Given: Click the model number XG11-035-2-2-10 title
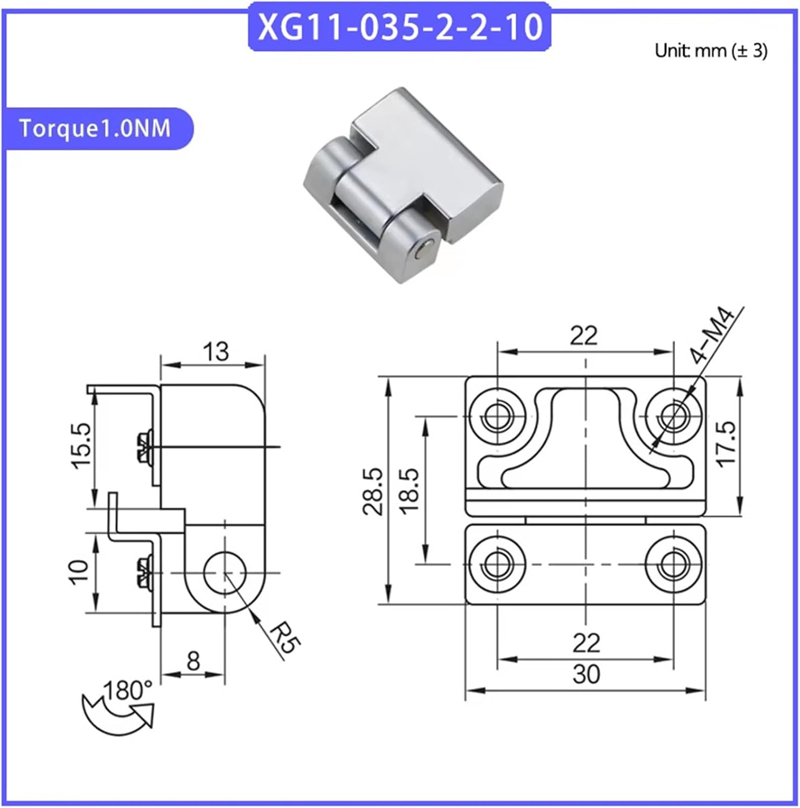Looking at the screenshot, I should point(400,27).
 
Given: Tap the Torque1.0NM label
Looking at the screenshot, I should point(95,129).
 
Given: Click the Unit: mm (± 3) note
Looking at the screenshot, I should point(711,51).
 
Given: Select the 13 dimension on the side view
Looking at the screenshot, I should point(215,351).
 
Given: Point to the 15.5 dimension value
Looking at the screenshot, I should point(82,446).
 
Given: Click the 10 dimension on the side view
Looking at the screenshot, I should point(79,572).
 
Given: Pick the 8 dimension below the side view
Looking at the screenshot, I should point(193,660).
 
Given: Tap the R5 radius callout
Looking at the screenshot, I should point(284,637).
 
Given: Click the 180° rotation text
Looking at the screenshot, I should point(127,691).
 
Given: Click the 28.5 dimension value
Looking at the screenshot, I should point(373,491).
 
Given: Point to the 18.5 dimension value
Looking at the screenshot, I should point(409,490).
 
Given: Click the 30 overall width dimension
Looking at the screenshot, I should point(586,674).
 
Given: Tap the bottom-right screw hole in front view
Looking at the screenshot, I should point(673,565).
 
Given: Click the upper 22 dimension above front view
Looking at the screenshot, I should point(584,336).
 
